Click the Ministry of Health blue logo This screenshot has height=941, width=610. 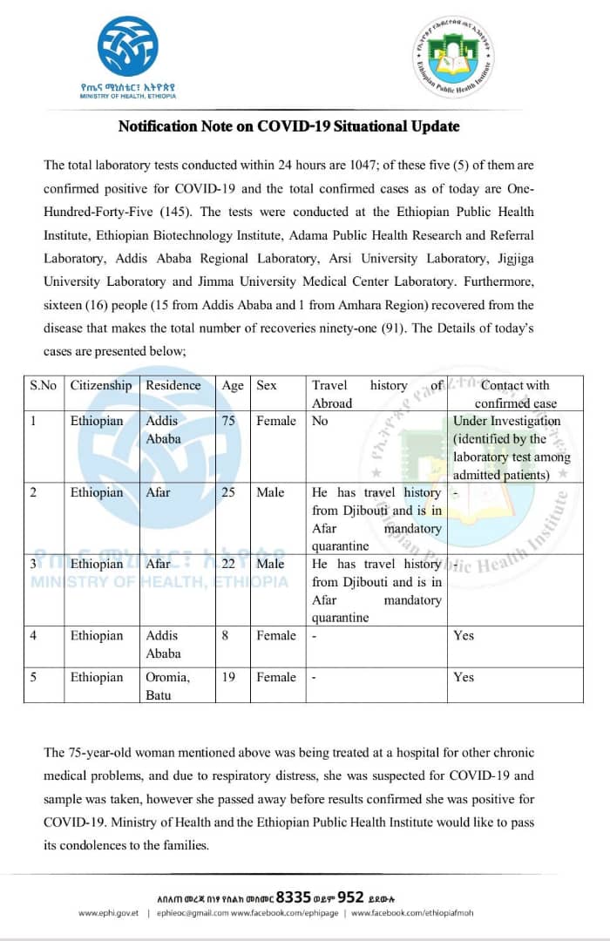pyautogui.click(x=128, y=45)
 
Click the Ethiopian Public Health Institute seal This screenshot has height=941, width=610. pyautogui.click(x=453, y=58)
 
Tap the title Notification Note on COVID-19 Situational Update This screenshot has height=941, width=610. pyautogui.click(x=288, y=126)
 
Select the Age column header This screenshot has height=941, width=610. pyautogui.click(x=233, y=385)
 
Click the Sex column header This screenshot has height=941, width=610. pyautogui.click(x=267, y=385)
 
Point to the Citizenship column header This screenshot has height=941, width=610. pyautogui.click(x=101, y=385)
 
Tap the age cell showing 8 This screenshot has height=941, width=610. pyautogui.click(x=225, y=635)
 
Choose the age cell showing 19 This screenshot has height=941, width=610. pyautogui.click(x=228, y=677)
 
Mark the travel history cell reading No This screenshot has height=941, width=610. pyautogui.click(x=320, y=421)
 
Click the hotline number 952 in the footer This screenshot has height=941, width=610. pyautogui.click(x=350, y=896)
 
